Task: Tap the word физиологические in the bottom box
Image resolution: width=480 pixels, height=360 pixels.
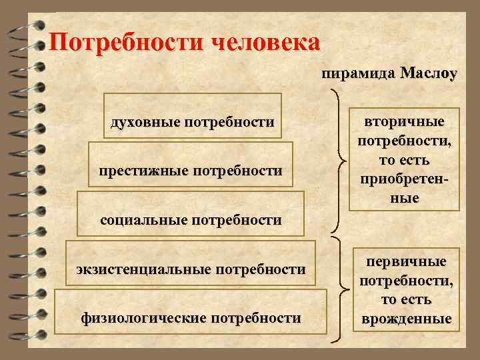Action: pos(142,317)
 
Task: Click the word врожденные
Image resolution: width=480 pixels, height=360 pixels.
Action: pos(407,319)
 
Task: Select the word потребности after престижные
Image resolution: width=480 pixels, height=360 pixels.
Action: pos(236,171)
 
